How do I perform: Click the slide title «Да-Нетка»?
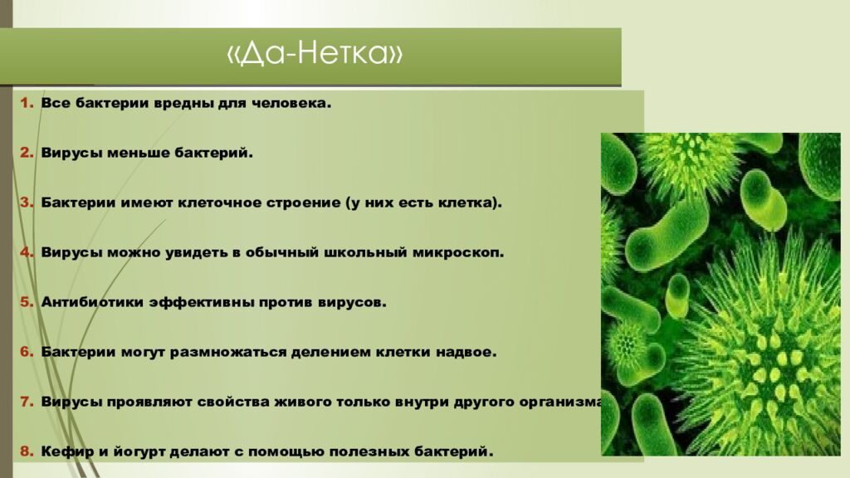point(315,56)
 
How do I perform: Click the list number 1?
point(26,104)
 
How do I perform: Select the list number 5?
point(26,303)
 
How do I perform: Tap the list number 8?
point(26,452)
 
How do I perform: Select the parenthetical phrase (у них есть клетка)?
point(423,203)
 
